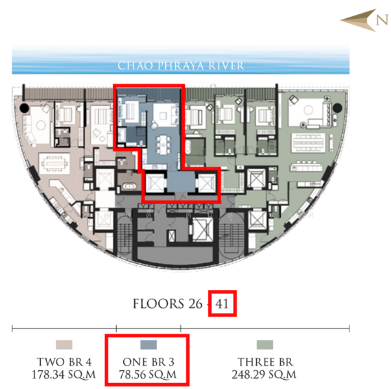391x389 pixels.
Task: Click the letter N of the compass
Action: (382, 19)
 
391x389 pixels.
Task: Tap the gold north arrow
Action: (359, 20)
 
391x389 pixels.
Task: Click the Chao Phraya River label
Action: (181, 65)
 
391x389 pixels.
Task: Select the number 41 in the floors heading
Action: (222, 303)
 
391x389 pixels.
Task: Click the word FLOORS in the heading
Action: (158, 303)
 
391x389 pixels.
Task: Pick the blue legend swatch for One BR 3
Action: (148, 345)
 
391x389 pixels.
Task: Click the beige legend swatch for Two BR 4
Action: (64, 345)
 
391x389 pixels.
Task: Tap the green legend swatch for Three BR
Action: (265, 345)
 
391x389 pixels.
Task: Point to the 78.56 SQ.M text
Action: (148, 375)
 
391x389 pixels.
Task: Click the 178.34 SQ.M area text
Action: (64, 375)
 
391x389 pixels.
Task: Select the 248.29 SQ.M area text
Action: (264, 375)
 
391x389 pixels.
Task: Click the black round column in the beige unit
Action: (25, 108)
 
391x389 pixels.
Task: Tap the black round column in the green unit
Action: (337, 108)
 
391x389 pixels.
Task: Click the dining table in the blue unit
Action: (163, 145)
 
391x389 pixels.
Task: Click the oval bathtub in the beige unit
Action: (129, 186)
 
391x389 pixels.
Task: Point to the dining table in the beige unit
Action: (54, 163)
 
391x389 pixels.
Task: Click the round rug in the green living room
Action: (308, 110)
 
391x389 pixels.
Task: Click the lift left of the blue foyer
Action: (154, 183)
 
